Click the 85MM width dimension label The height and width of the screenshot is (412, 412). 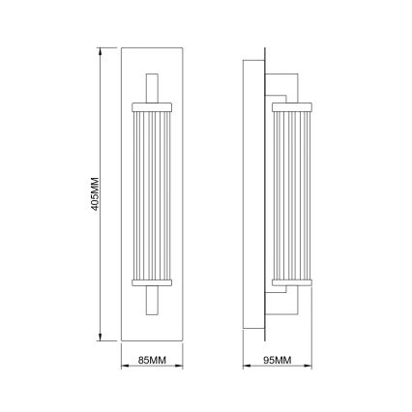pos(150,362)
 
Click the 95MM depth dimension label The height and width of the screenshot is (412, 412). pos(278,362)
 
